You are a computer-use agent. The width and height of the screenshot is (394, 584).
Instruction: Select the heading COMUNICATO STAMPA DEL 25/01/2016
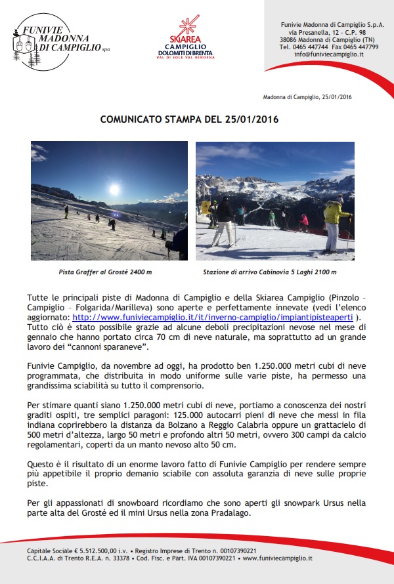pyautogui.click(x=189, y=119)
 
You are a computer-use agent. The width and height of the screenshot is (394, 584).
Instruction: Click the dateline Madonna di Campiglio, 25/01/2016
pyautogui.click(x=307, y=97)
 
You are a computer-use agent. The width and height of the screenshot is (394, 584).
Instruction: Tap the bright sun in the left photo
pyautogui.click(x=114, y=191)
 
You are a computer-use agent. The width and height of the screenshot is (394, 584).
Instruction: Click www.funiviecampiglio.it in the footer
pyautogui.click(x=278, y=558)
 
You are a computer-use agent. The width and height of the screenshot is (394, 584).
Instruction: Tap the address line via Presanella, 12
pyautogui.click(x=320, y=33)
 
